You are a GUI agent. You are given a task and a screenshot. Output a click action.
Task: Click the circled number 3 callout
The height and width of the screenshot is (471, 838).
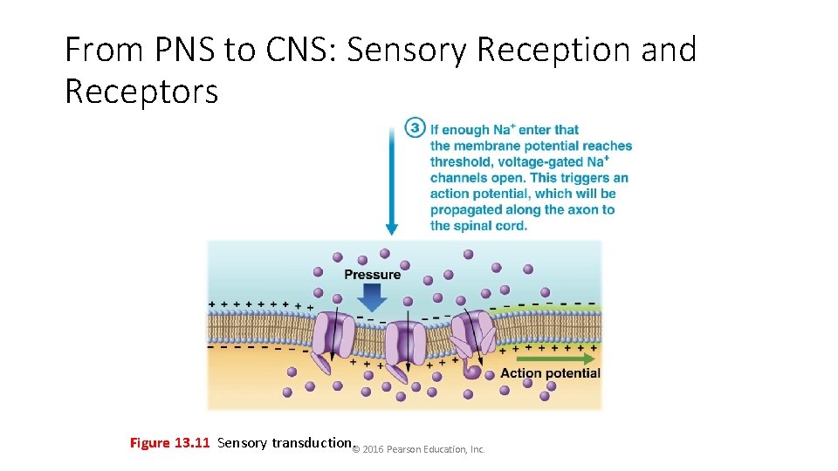click(415, 129)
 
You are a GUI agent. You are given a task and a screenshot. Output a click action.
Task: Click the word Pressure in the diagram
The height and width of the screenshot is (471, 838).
click(373, 275)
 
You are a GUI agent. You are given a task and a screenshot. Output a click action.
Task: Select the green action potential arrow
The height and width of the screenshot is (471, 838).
click(556, 358)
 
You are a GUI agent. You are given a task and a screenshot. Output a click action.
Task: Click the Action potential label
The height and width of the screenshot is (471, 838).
click(550, 373)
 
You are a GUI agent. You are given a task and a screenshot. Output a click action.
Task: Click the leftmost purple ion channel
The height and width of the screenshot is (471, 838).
click(333, 336)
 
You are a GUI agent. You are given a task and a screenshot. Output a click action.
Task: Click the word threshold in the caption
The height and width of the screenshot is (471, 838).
click(460, 162)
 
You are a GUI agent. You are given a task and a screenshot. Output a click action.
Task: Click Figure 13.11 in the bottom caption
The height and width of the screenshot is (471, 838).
click(169, 443)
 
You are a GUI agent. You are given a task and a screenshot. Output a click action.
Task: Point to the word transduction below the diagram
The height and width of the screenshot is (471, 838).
click(311, 443)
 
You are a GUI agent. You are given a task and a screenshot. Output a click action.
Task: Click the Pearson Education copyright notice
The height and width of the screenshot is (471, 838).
click(419, 449)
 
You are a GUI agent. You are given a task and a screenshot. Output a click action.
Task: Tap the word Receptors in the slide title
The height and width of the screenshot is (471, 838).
click(141, 90)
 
